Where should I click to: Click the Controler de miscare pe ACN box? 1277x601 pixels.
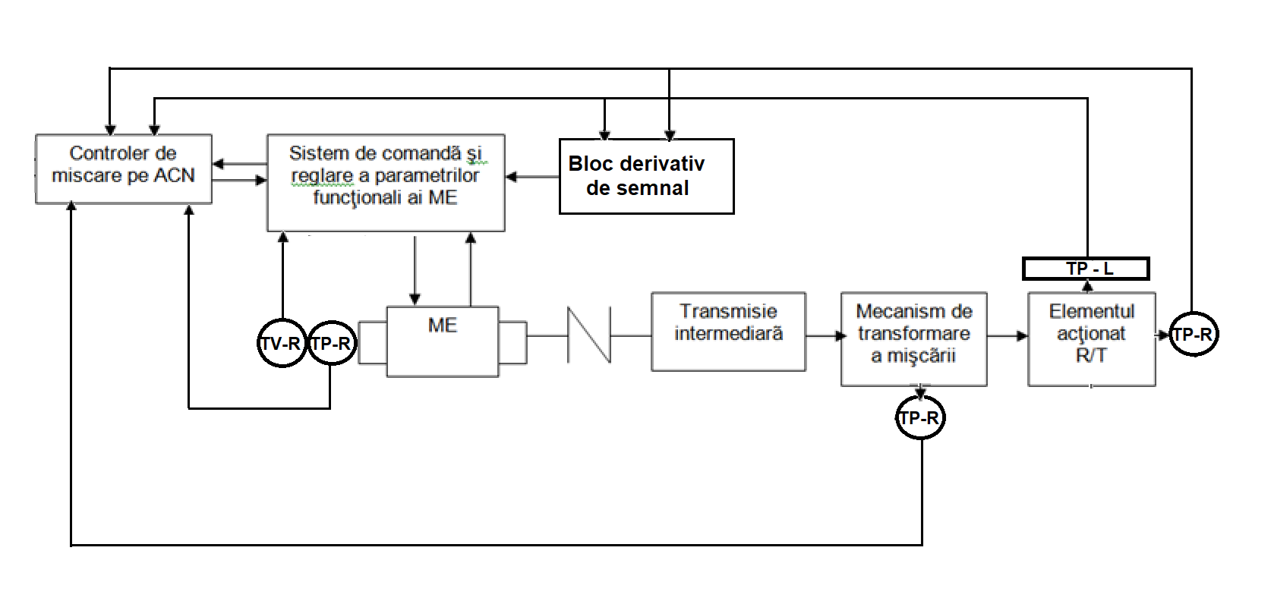(x=123, y=168)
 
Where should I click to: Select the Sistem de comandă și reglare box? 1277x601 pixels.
(x=386, y=182)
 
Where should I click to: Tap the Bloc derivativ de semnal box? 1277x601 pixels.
(x=646, y=176)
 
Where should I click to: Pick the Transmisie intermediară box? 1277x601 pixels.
(x=728, y=332)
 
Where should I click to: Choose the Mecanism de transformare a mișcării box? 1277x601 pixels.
(x=913, y=339)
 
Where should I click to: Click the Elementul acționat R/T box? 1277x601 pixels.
(x=1091, y=339)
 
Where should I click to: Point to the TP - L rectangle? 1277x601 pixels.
(x=1086, y=269)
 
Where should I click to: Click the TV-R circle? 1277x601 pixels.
(x=282, y=344)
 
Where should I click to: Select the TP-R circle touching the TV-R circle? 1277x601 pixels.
(x=331, y=344)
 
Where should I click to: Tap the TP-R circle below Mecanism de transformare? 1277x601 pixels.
(x=920, y=418)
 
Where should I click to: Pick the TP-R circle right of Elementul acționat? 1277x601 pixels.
(x=1193, y=335)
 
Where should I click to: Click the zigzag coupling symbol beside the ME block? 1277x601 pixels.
(x=589, y=335)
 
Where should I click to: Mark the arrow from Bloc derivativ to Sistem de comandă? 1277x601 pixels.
(x=532, y=177)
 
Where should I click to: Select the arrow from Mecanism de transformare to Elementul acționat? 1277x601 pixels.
(x=1007, y=335)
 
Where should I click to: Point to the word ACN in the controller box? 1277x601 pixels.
(x=175, y=175)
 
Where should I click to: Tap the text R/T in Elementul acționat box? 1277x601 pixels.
(x=1091, y=355)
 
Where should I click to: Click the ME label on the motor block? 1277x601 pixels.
(x=443, y=326)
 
